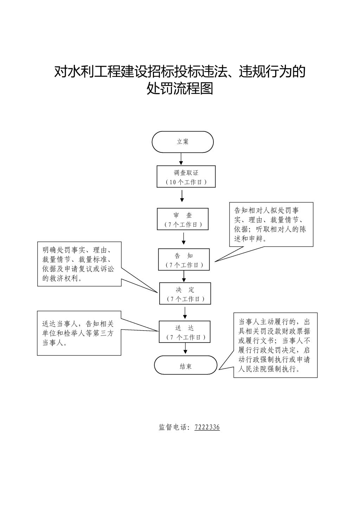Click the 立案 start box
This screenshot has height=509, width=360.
pos(182,142)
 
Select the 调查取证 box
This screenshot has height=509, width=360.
pos(186,176)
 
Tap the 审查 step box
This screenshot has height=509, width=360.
pos(182,219)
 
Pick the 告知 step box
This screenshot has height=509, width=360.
pos(184,259)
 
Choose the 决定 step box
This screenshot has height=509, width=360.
pos(185,293)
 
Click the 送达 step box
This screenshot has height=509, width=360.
pos(185,332)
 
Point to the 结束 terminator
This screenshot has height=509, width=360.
pos(186,365)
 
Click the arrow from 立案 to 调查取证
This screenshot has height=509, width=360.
pos(181,159)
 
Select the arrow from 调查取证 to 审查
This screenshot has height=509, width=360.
pos(182,196)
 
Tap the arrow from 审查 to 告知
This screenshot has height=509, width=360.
pos(184,239)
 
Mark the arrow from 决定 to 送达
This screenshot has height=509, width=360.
pos(185,313)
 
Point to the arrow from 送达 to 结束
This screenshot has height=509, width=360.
pos(185,348)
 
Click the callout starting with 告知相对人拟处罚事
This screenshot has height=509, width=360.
pos(271,224)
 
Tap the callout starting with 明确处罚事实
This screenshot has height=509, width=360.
pos(79,264)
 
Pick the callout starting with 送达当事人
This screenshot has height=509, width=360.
pos(79,333)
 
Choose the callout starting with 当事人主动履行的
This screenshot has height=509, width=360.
pos(275,345)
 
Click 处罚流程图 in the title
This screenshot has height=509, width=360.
pos(180,88)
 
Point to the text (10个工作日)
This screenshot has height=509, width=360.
pos(186,182)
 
